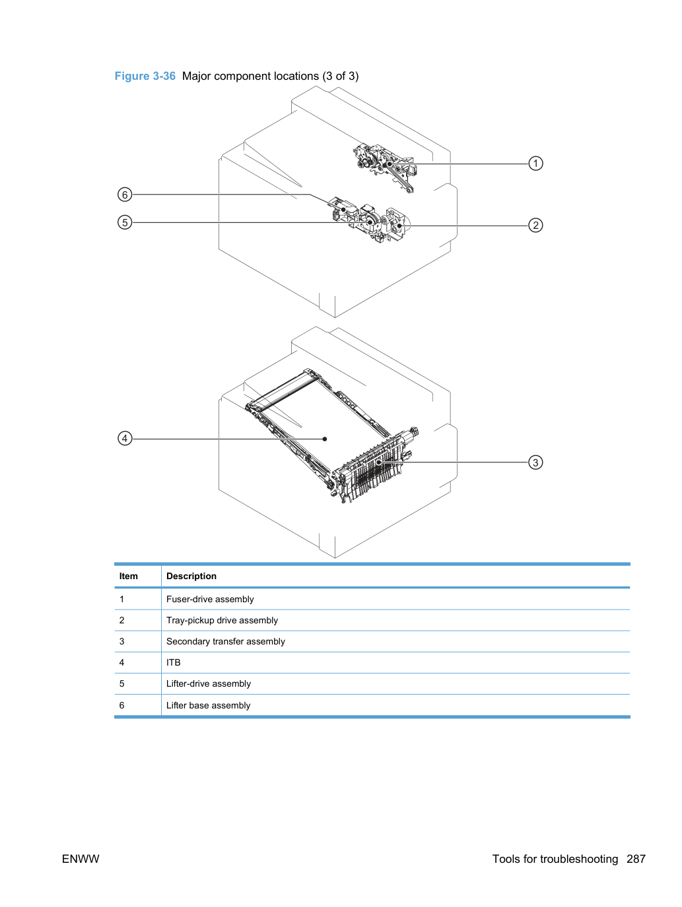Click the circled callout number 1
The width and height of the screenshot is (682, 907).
pos(535,163)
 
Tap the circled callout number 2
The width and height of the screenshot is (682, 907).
pos(535,225)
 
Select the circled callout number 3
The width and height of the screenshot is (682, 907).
pos(535,462)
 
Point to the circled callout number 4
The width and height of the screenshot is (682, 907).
pos(125,438)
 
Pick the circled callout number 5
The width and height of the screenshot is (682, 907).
pos(125,222)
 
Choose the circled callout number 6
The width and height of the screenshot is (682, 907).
pos(125,194)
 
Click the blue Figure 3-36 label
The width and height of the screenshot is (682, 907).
pos(145,76)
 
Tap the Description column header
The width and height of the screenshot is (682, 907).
pos(191,576)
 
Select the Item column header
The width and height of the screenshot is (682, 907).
pos(128,576)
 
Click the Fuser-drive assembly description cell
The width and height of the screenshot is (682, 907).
pos(210,599)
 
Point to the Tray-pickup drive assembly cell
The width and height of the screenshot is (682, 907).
pos(222,620)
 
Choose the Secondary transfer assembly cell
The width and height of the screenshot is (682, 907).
pos(225,641)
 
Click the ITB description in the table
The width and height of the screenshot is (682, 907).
pos(173,662)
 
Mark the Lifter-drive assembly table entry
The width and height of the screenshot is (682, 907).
pos(209,683)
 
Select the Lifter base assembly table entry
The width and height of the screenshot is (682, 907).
pos(208,705)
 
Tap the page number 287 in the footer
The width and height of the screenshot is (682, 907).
pos(636,859)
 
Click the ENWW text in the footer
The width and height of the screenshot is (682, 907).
pos(81,859)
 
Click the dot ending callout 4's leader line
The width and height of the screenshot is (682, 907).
pos(325,439)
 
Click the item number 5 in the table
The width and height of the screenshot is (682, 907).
pos(121,683)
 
